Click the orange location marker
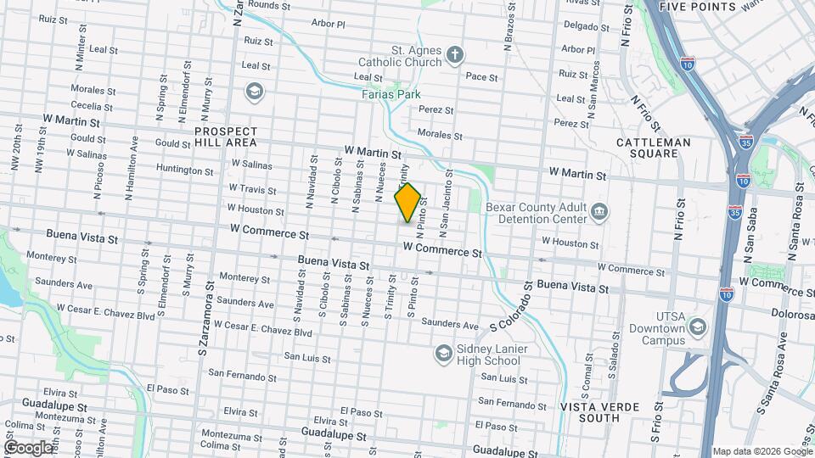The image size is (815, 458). pyautogui.click(x=407, y=203)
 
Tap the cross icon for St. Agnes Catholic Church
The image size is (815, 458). pyautogui.click(x=454, y=56)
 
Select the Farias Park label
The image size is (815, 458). pyautogui.click(x=391, y=94)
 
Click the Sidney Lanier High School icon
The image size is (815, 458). pyautogui.click(x=442, y=352)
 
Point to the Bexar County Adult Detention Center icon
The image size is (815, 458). pyautogui.click(x=599, y=210)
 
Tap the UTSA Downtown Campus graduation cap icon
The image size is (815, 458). pyautogui.click(x=697, y=327)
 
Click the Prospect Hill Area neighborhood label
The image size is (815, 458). pyautogui.click(x=225, y=137)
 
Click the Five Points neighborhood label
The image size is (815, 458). pyautogui.click(x=697, y=7)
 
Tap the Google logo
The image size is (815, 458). pyautogui.click(x=28, y=447)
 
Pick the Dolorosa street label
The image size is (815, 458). pyautogui.click(x=793, y=313)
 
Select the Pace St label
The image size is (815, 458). pyautogui.click(x=482, y=77)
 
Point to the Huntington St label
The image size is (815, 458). pyautogui.click(x=185, y=170)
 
